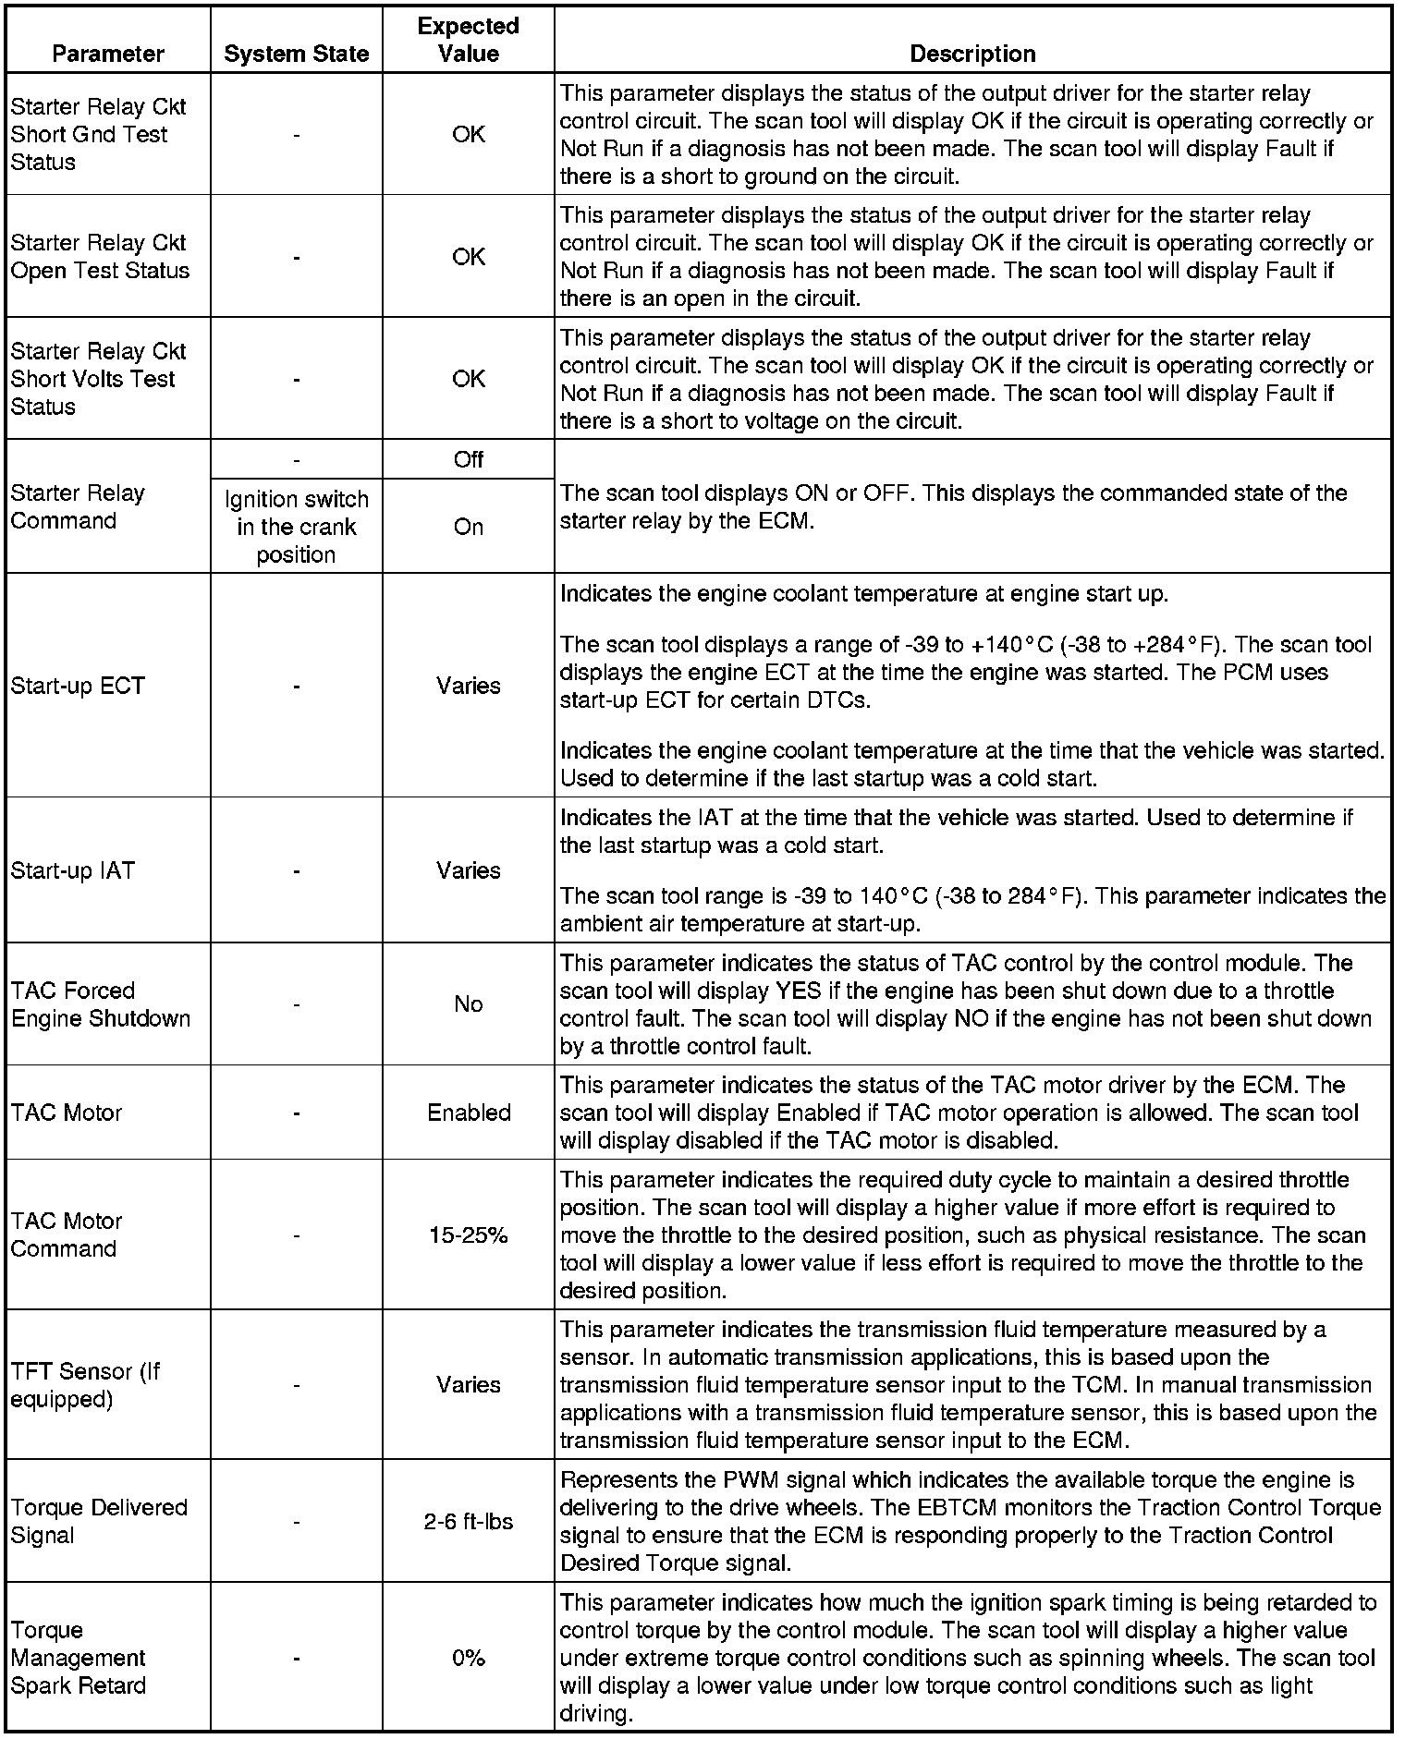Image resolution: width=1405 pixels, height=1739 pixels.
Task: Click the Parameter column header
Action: tap(108, 54)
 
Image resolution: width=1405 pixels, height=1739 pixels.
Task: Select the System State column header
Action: tap(296, 55)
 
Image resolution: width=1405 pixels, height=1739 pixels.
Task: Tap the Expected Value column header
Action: tap(468, 40)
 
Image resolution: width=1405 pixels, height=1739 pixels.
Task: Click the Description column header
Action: tap(972, 54)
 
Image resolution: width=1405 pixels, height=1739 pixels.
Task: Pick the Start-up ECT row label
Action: tap(78, 686)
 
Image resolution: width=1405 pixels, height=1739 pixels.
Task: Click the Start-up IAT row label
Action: tap(72, 870)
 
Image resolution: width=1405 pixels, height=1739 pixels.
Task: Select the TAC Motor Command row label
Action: tap(66, 1234)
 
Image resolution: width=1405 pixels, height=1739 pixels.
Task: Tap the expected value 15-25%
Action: tap(468, 1235)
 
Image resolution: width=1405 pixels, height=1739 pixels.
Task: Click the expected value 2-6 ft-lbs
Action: tap(468, 1521)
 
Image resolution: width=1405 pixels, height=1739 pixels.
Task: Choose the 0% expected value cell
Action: tap(468, 1658)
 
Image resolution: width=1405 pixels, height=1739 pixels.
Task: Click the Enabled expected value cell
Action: tap(468, 1113)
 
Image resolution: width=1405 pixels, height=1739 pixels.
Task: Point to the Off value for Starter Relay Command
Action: tap(468, 459)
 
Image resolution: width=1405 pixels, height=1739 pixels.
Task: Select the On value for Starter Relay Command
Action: tap(468, 527)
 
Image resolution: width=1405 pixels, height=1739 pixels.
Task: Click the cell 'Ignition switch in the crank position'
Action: tap(296, 527)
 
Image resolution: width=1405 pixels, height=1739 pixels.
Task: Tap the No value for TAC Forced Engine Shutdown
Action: tap(468, 1004)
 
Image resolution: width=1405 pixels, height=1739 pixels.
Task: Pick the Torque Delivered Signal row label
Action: tap(99, 1521)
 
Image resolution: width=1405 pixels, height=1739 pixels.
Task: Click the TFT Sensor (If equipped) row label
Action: tap(85, 1384)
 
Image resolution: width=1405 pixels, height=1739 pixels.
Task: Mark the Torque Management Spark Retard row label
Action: tap(78, 1658)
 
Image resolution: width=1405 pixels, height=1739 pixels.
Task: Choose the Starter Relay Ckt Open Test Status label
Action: tap(100, 257)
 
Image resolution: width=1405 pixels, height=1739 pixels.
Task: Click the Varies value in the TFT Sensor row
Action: tap(468, 1384)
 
